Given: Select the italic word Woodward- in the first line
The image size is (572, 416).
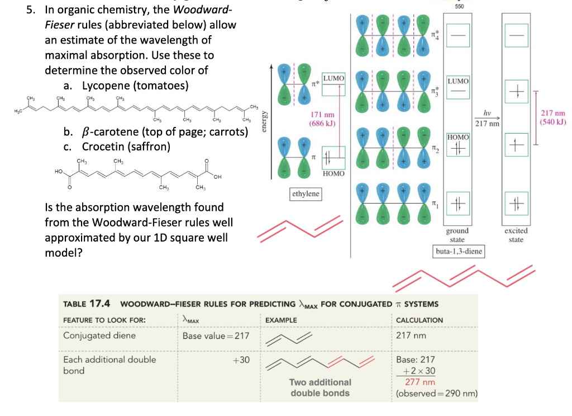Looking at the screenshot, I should pos(208,11).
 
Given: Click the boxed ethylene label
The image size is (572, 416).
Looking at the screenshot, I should pos(306,194).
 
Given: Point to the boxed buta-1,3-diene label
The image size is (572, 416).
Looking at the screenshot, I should pos(458,252).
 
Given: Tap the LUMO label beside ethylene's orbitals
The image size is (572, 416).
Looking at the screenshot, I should pos(333,78).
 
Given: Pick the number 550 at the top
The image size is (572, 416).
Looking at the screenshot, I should pos(459,6).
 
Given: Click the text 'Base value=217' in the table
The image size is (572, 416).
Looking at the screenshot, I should pos(216,336).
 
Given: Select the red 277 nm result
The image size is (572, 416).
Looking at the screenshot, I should pos(420,382).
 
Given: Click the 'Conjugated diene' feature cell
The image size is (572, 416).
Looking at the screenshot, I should pos(99,336).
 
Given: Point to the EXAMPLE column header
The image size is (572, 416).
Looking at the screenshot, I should pos(282,320).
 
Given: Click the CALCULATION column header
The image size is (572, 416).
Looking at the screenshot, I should pos(419,320).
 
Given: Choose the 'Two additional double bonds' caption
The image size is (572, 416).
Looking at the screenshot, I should pos(320,387).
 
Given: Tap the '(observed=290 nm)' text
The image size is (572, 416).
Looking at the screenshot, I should pos(436,394).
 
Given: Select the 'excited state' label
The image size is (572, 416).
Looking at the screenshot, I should pos(516,235).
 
